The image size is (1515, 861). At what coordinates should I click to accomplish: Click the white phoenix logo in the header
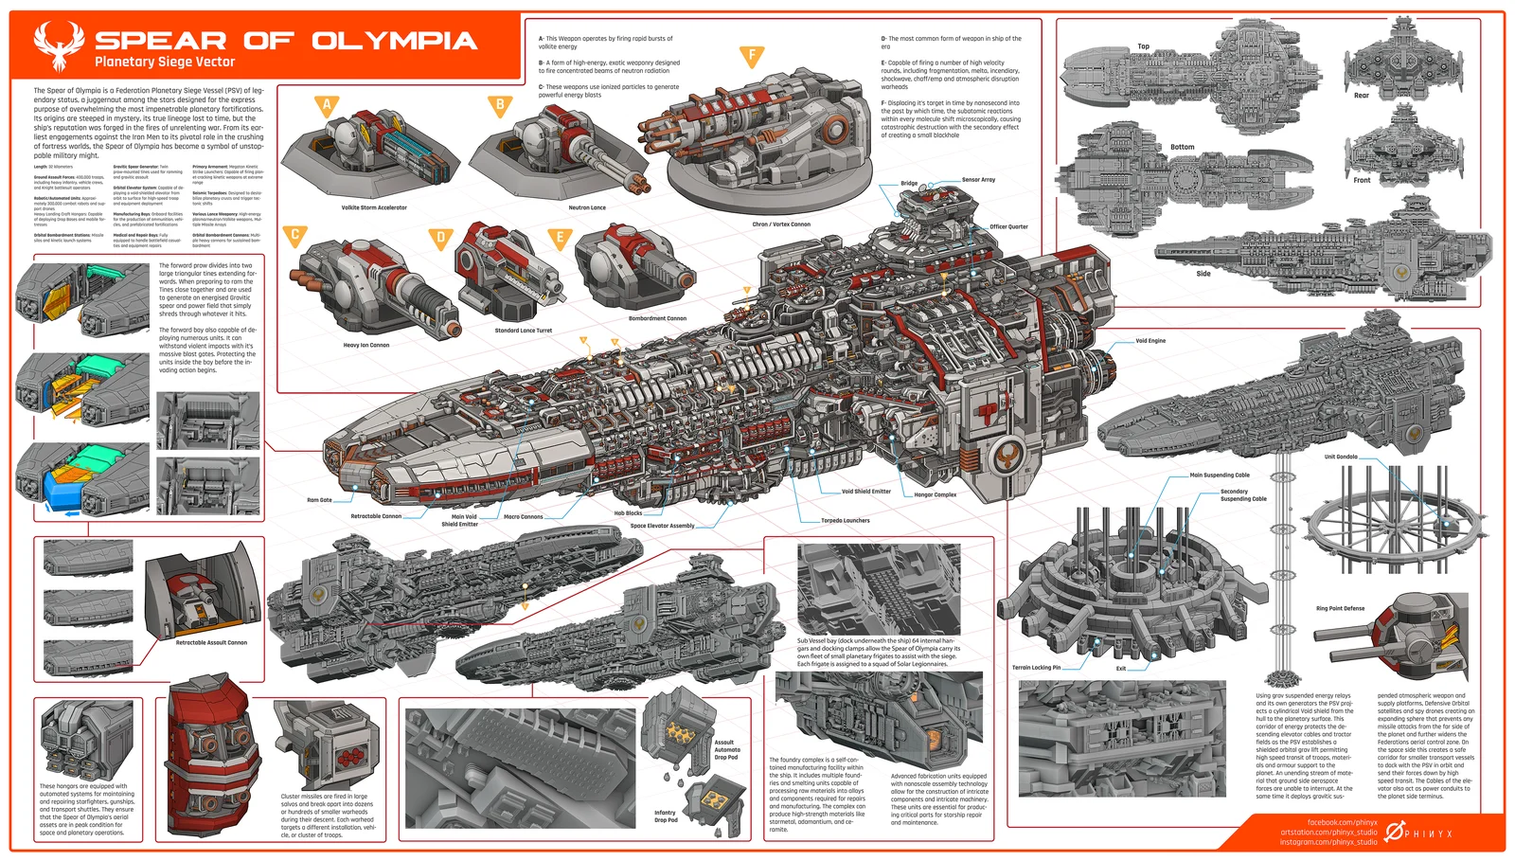pos(59,47)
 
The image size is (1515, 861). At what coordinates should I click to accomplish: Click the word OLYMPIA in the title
pos(394,41)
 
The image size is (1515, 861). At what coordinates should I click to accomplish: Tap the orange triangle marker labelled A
pos(327,105)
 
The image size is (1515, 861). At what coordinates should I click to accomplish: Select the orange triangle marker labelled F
pos(752,56)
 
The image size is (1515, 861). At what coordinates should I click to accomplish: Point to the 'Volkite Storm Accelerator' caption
pos(374,207)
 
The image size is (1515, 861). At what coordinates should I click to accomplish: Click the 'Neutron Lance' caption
pos(587,207)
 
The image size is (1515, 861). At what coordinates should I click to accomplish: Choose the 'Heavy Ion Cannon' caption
pos(366,345)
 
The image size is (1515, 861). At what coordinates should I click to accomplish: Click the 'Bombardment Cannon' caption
pos(657,318)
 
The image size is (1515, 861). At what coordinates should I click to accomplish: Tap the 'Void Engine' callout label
pos(1150,341)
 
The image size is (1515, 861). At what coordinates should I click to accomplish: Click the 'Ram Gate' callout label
pos(319,500)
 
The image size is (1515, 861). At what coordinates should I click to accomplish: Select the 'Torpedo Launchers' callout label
pos(845,520)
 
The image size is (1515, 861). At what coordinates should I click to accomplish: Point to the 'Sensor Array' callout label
pos(978,179)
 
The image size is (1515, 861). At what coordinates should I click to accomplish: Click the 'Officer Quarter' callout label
pos(1008,226)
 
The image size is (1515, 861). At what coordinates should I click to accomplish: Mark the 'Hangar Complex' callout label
pos(935,494)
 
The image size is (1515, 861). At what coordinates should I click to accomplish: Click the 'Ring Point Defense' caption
pos(1340,608)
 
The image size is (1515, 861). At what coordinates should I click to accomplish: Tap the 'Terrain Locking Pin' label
pos(1036,668)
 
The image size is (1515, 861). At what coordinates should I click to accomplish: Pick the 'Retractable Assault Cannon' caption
pos(211,642)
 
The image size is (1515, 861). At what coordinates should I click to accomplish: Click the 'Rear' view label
pos(1361,96)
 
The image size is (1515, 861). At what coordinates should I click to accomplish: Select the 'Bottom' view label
pos(1182,147)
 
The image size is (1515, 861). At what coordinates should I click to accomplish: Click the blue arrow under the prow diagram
pos(72,513)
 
